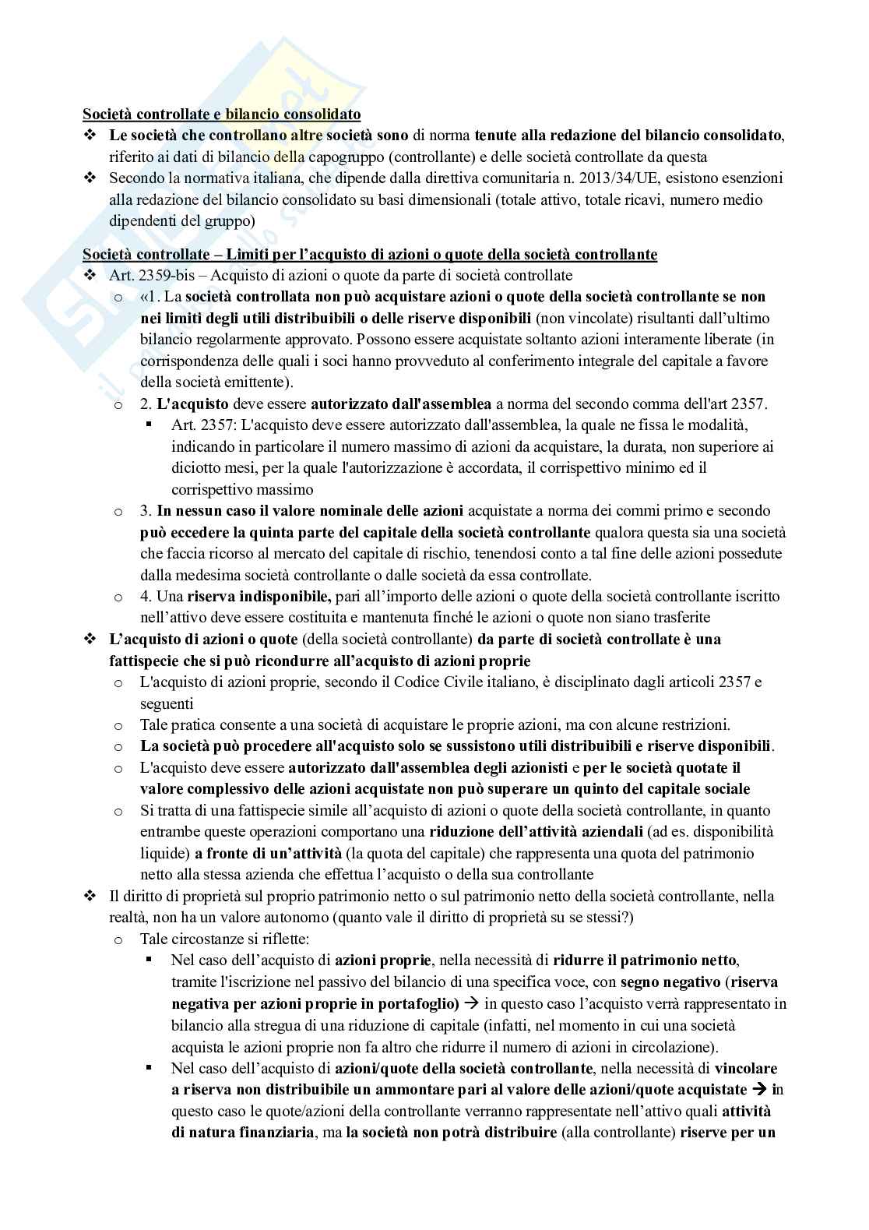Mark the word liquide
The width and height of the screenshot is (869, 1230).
pyautogui.click(x=163, y=853)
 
